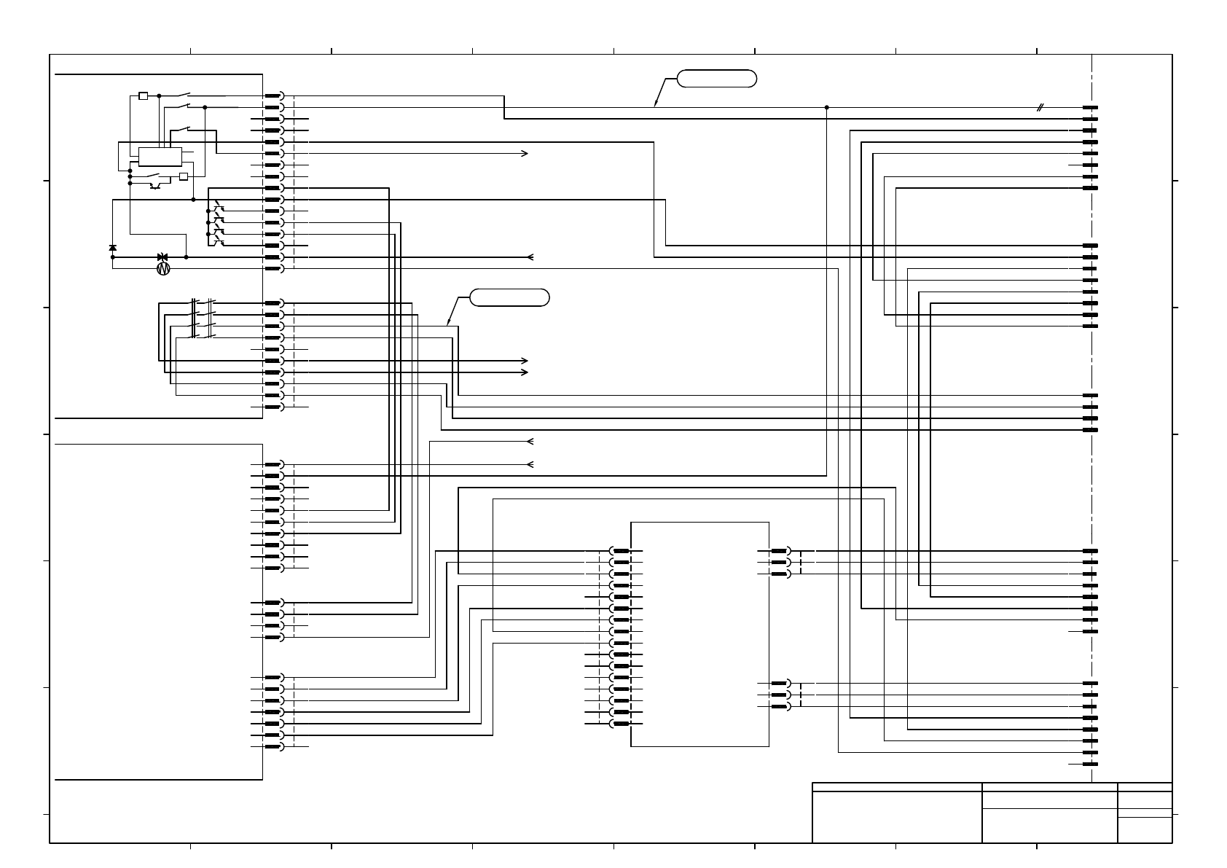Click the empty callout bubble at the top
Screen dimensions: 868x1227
point(717,79)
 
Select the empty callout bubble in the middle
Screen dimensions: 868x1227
point(509,297)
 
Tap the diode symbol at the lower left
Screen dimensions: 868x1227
point(112,249)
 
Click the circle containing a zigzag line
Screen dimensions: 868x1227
point(163,269)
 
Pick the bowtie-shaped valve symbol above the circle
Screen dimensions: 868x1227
point(163,257)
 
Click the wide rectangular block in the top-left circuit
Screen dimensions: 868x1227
point(160,156)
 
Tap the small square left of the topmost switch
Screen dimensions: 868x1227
point(144,95)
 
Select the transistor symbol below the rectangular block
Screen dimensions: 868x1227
point(155,186)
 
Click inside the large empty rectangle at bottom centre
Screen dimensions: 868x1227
point(699,634)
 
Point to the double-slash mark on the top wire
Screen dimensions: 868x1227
point(1040,108)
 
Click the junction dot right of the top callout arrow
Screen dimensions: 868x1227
point(826,107)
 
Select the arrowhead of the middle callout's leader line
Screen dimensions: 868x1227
point(448,324)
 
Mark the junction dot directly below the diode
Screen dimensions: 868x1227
point(112,257)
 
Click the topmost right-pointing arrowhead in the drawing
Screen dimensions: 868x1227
point(525,154)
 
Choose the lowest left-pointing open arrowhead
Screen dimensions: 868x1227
point(530,464)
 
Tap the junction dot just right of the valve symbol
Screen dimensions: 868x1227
point(187,257)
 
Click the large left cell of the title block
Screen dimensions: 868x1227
point(896,817)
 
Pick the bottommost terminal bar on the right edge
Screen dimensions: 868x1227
point(1090,764)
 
